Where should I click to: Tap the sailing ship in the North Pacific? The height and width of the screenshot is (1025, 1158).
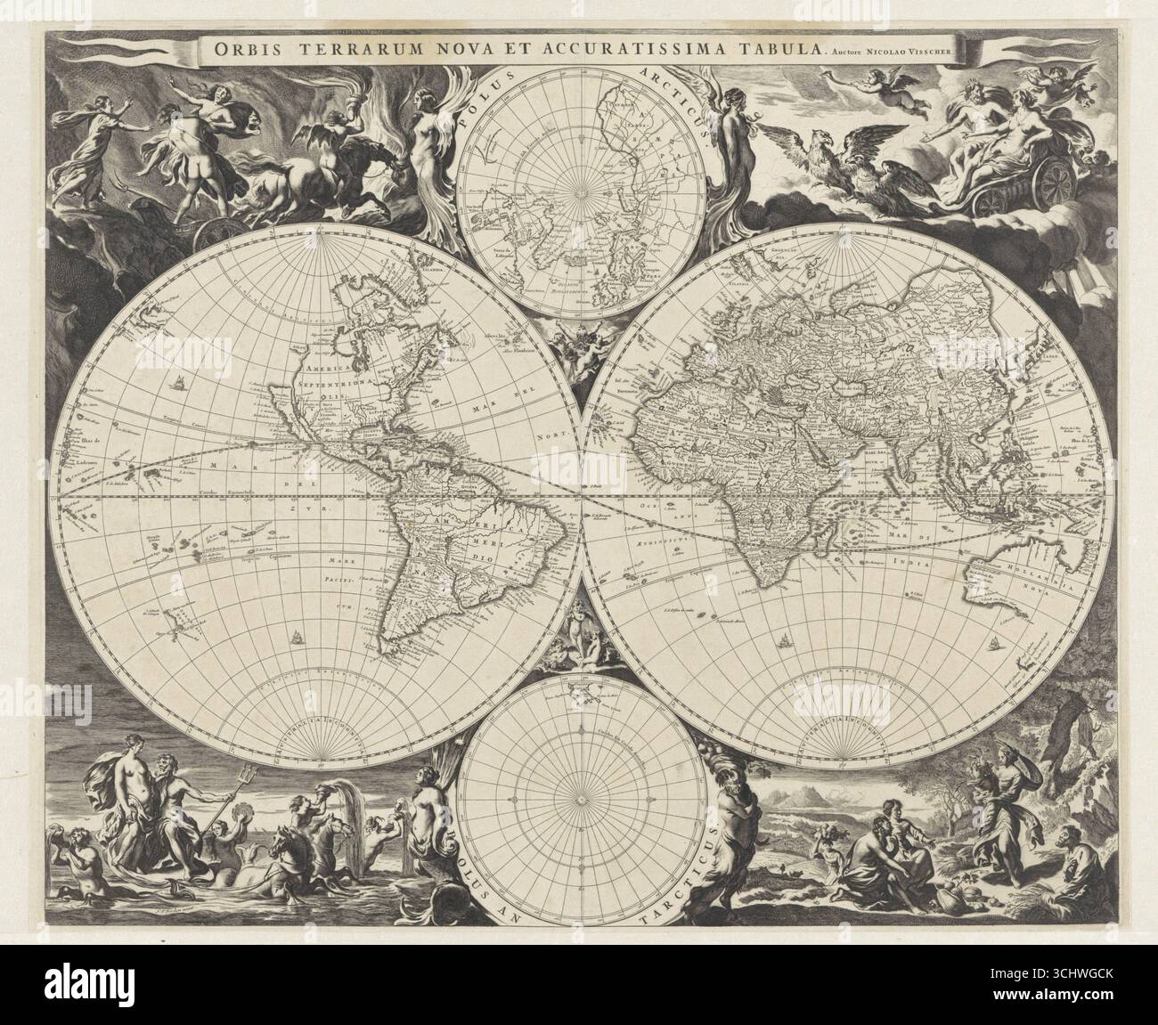[x=180, y=386]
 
